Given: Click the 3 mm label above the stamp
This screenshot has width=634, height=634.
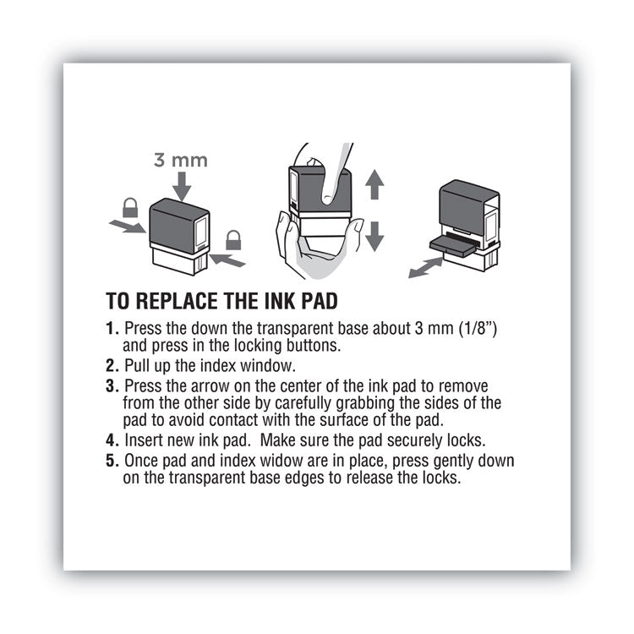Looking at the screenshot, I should (x=181, y=159).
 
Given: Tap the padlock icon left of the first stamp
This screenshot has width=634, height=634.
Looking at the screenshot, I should (x=130, y=206).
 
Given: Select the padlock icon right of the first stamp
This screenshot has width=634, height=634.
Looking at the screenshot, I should (x=233, y=240).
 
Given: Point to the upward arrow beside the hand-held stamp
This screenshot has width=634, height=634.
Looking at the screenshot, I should (x=374, y=184).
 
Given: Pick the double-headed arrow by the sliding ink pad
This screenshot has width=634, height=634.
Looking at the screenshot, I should (x=426, y=267).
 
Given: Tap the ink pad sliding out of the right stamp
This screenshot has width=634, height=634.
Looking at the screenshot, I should (x=453, y=245).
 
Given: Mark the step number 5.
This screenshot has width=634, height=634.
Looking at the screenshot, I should (x=111, y=462).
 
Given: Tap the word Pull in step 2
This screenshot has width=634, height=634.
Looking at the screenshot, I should (x=138, y=365).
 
